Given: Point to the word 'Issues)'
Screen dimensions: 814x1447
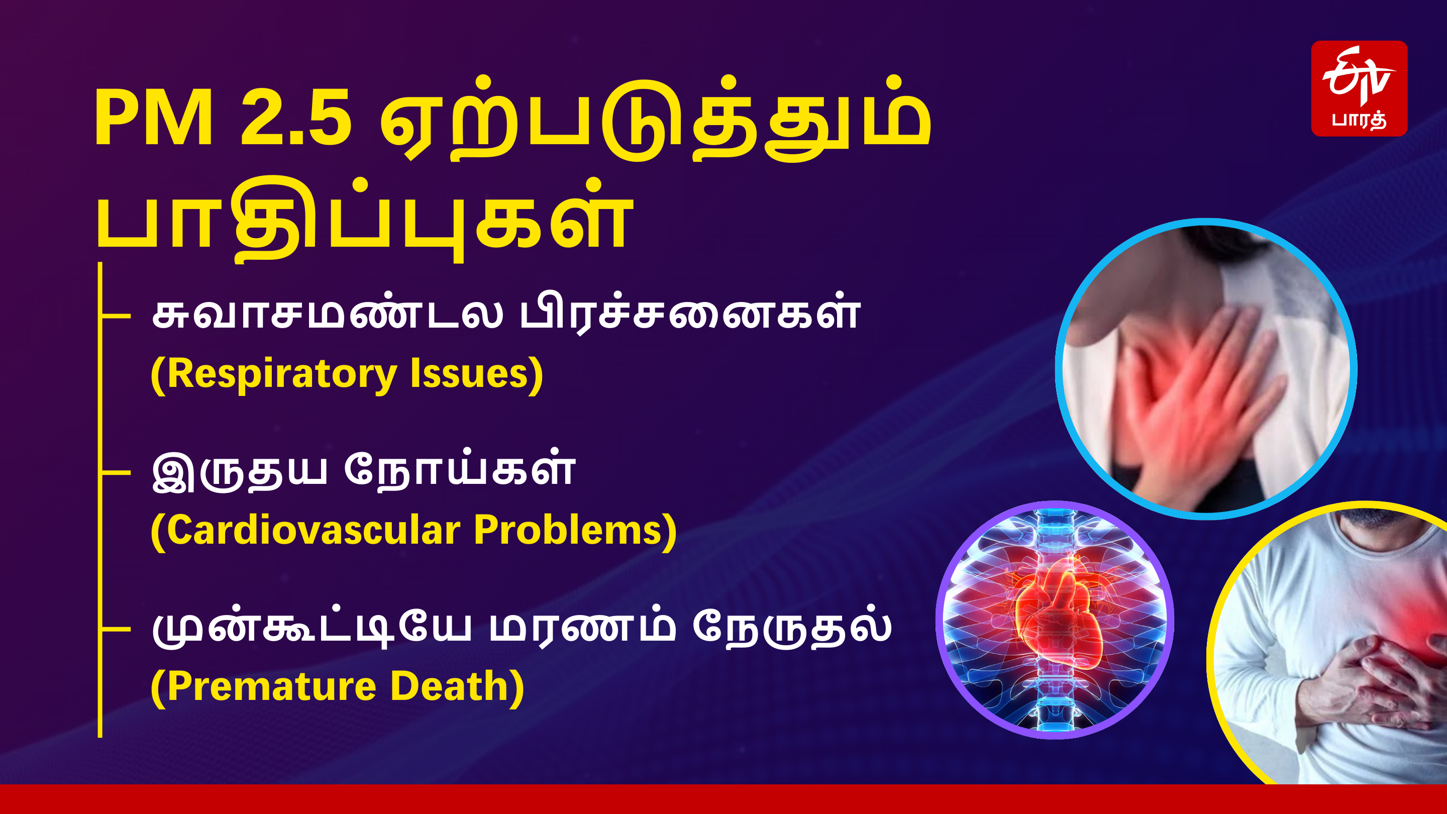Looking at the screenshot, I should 476,375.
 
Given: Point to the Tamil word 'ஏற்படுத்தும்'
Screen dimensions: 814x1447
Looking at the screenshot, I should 654,121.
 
